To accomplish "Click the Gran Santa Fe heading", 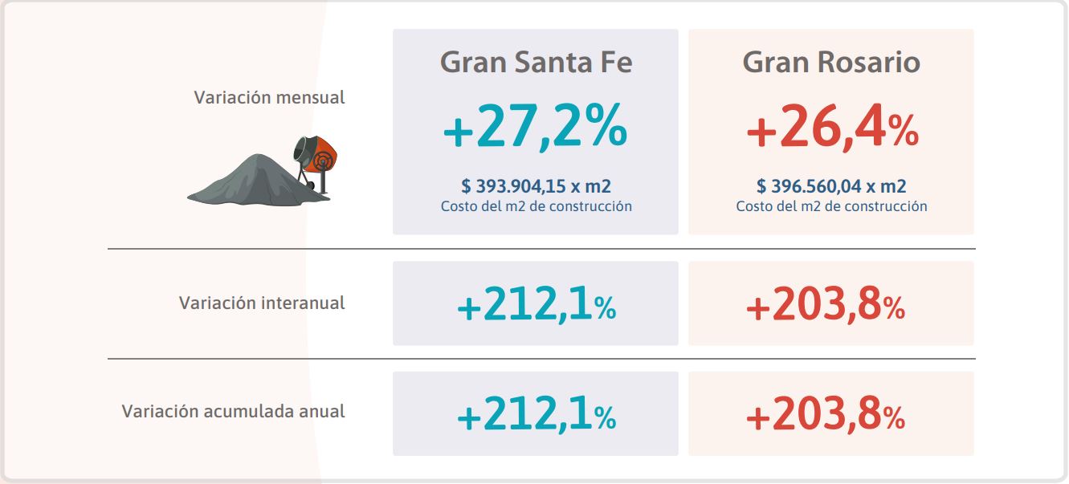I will tap(536, 63).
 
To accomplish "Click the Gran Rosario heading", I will tap(831, 63).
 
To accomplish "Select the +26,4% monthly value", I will tap(831, 130).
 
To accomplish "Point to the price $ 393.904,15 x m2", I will tap(536, 187).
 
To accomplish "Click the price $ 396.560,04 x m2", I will tap(831, 187).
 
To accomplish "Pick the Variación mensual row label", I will tap(269, 98).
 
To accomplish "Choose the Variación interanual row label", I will tap(262, 303).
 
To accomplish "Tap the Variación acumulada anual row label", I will tap(233, 412).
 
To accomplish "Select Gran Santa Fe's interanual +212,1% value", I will tap(536, 306).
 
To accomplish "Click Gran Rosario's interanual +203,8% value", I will tap(826, 306).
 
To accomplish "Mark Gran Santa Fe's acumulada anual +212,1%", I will tap(536, 415).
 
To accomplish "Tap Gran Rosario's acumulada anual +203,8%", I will tap(826, 415).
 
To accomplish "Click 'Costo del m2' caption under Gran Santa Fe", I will tap(536, 206).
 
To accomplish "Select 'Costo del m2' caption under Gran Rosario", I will tap(831, 206).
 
